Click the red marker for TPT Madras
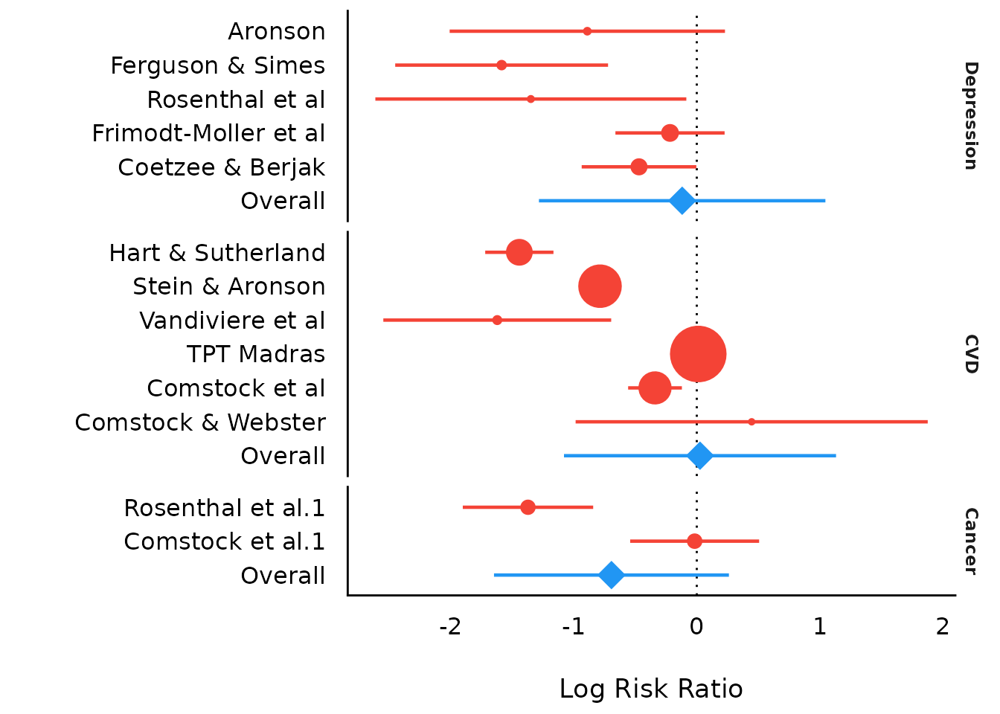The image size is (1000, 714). [x=698, y=354]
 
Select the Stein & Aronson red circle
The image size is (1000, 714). [x=600, y=286]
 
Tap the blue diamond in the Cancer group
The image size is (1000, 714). [x=611, y=575]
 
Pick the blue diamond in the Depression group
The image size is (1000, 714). [x=682, y=201]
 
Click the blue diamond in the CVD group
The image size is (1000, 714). [x=699, y=456]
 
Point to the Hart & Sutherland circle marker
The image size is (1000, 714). [x=519, y=252]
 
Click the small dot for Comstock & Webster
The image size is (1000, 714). [x=751, y=422]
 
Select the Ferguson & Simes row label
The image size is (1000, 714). [x=217, y=65]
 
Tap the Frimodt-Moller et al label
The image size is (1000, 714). [x=208, y=133]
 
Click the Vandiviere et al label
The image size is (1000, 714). [x=232, y=321]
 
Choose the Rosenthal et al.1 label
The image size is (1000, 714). [x=224, y=508]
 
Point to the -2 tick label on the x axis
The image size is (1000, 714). [x=450, y=627]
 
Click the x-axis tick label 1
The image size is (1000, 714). [x=819, y=627]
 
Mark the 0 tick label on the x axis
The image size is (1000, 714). [x=696, y=627]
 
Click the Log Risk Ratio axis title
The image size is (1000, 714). [x=651, y=689]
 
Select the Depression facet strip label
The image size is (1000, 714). [x=970, y=116]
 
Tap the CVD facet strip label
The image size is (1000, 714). [x=970, y=354]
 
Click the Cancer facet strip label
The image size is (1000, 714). [x=970, y=541]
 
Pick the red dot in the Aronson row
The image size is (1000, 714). [x=587, y=31]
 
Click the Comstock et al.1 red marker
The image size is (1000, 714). [x=694, y=541]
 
